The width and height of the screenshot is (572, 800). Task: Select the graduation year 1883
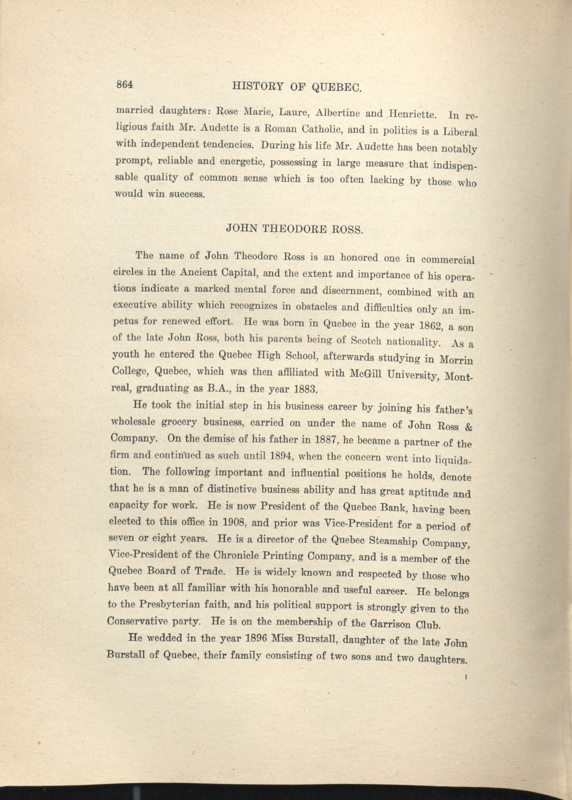303,389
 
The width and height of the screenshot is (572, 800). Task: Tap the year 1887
322,441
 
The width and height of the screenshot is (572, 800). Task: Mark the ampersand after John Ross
469,427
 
